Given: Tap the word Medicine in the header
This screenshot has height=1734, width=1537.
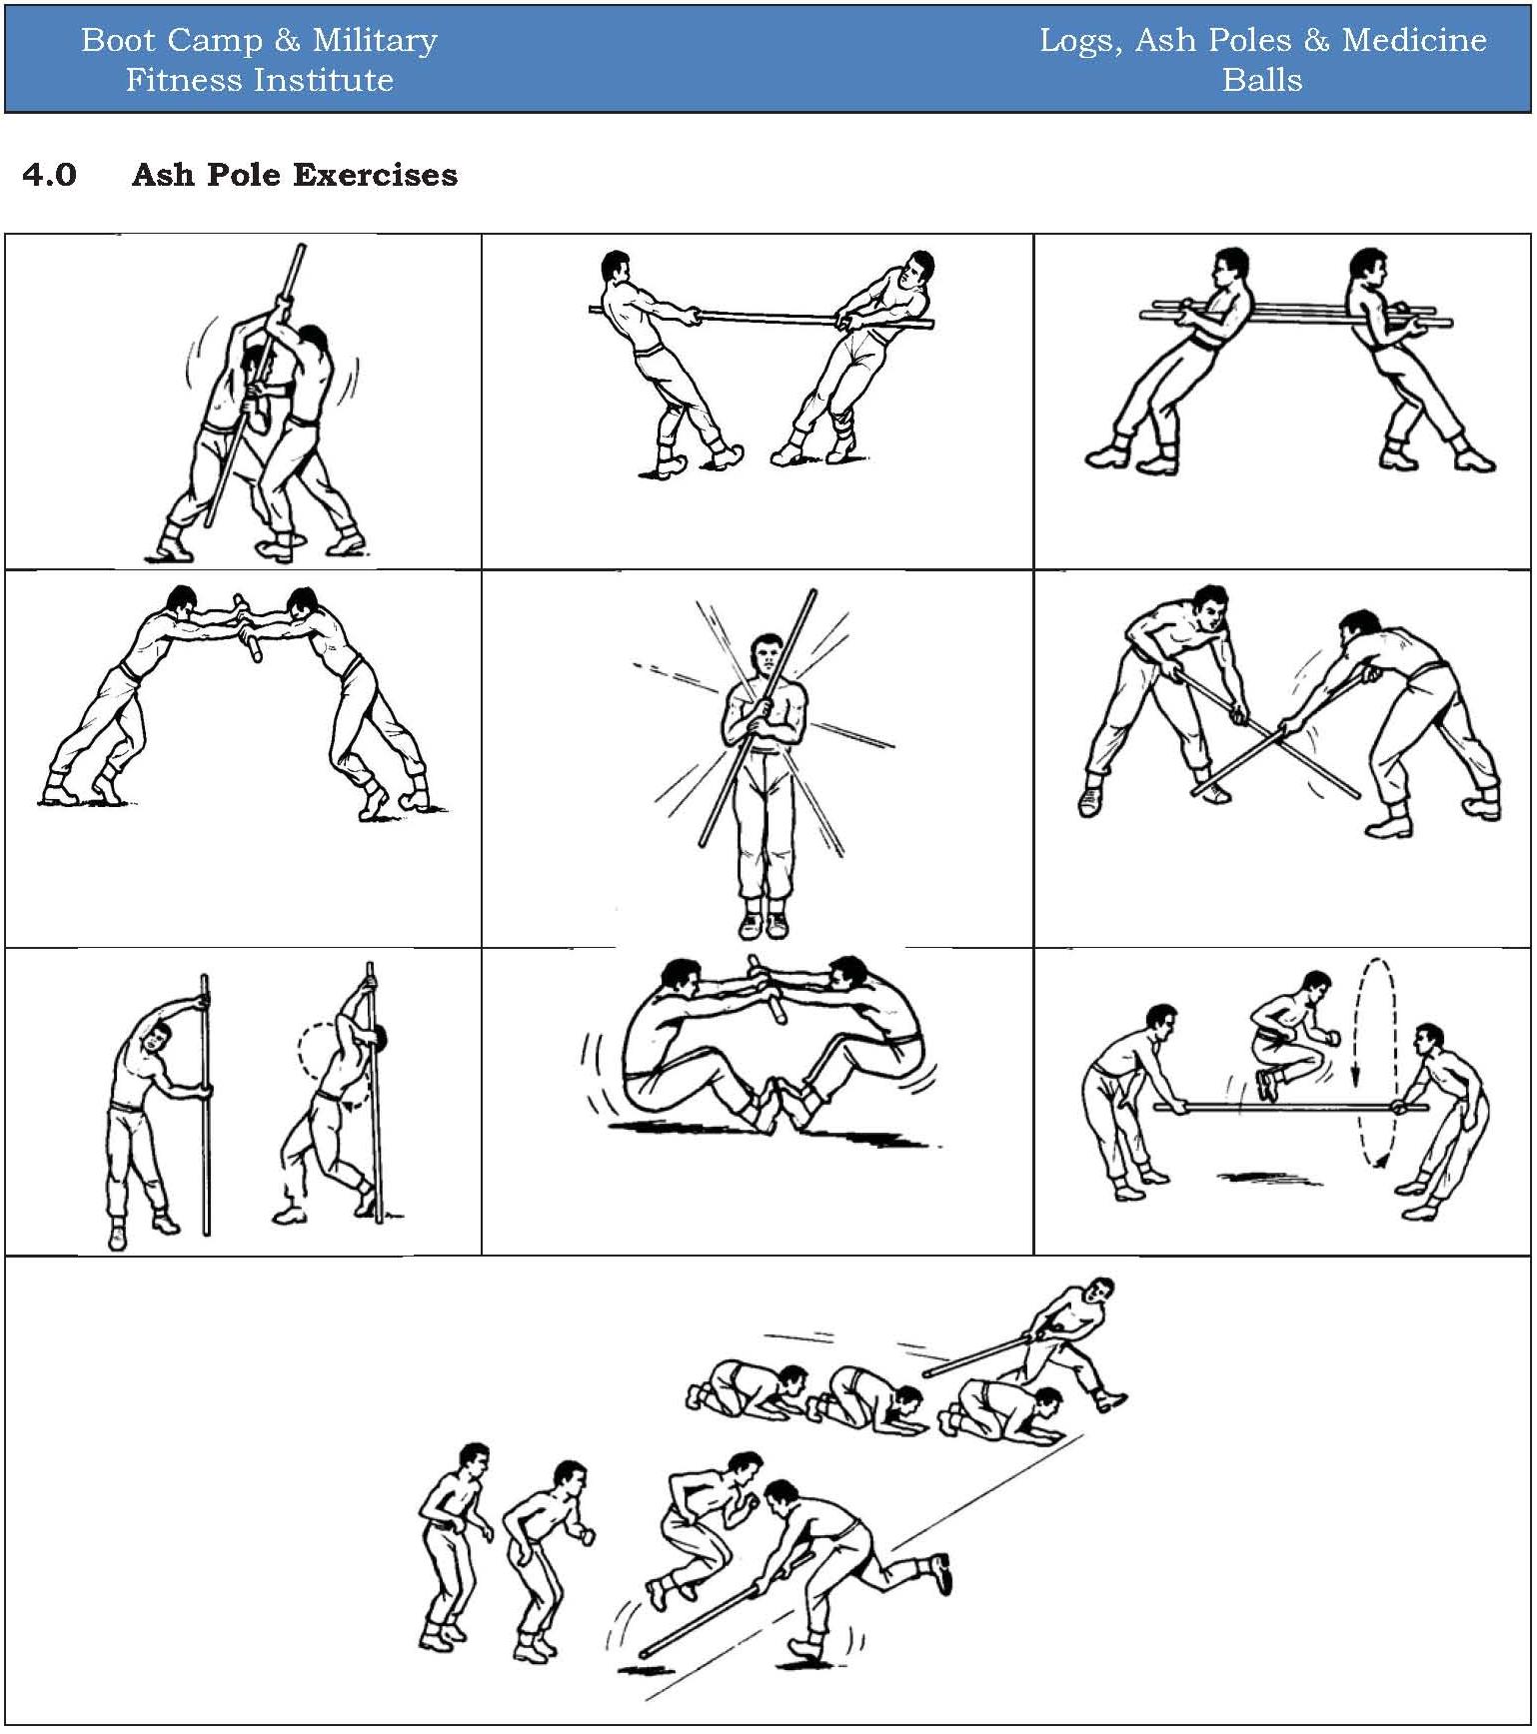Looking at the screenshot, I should tap(1413, 40).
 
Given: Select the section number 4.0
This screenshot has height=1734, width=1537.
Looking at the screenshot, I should tap(49, 175).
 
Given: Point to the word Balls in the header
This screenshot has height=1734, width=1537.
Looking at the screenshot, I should tap(1262, 80).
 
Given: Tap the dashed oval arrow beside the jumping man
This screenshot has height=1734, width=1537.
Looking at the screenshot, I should tap(1369, 1061).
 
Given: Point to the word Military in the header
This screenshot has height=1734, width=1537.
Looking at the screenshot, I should tap(375, 40).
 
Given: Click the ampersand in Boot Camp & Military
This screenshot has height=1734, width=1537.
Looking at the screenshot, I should tap(287, 40).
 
